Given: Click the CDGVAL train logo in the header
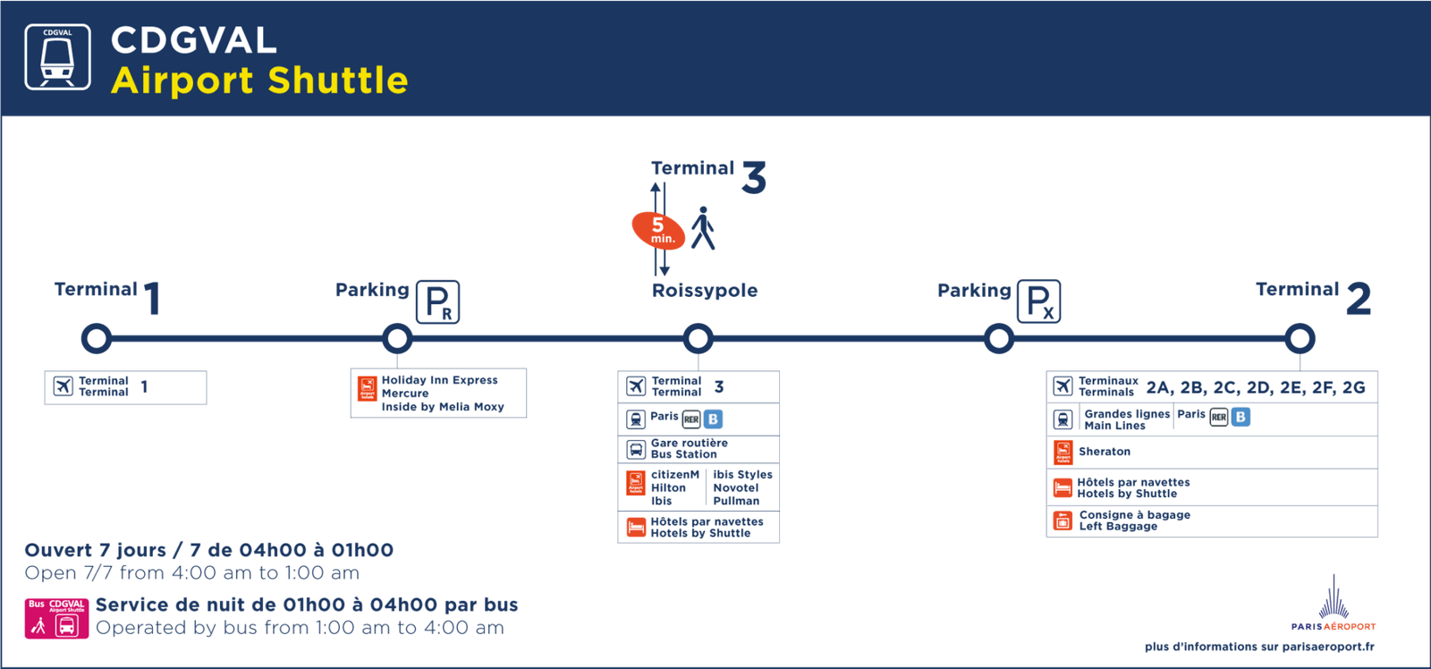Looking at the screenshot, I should [x=57, y=57].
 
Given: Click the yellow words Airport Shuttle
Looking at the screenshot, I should [x=259, y=80].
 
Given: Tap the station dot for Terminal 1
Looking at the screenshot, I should [x=96, y=338].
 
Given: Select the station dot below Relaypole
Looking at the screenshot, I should [x=698, y=338].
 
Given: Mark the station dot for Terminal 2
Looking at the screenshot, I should [x=1300, y=338].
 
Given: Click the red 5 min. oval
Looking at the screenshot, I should [x=658, y=230].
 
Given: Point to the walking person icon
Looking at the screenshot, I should [x=704, y=228].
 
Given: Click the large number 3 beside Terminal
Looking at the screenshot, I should [x=754, y=176].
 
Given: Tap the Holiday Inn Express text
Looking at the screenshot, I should [x=439, y=380].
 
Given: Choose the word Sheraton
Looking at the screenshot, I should [x=1104, y=452].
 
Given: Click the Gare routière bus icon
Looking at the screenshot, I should [x=636, y=449].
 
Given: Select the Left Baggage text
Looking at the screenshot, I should [x=1118, y=527].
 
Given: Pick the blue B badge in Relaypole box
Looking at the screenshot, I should [x=713, y=419].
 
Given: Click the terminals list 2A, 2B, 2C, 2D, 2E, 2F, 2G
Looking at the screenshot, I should [x=1255, y=387].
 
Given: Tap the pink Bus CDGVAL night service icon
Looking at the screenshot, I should [x=56, y=618].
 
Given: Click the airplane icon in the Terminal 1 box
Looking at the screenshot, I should [x=63, y=386].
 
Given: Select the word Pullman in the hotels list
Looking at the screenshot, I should [x=736, y=501].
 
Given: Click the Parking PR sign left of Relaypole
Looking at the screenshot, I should [x=437, y=301].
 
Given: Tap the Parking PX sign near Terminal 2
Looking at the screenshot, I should [x=1038, y=301].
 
